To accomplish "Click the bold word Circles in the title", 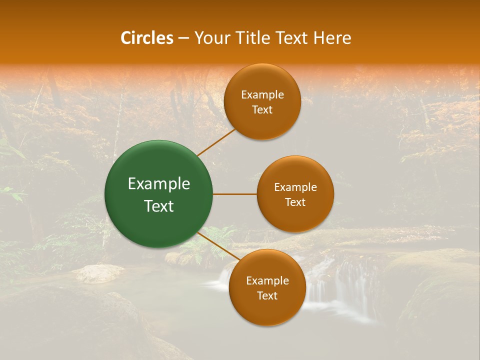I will pyautogui.click(x=147, y=38).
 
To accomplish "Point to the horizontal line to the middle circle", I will pyautogui.click(x=235, y=194).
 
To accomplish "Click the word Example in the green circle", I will pyautogui.click(x=159, y=184).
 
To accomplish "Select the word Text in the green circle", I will pyautogui.click(x=159, y=206).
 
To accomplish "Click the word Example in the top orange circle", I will pyautogui.click(x=262, y=95).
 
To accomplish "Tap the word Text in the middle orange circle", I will pyautogui.click(x=295, y=202).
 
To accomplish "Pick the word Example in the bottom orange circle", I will pyautogui.click(x=267, y=280).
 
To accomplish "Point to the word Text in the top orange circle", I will pyautogui.click(x=262, y=110).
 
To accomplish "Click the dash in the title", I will pyautogui.click(x=183, y=38).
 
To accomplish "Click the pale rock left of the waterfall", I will pyautogui.click(x=100, y=273).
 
